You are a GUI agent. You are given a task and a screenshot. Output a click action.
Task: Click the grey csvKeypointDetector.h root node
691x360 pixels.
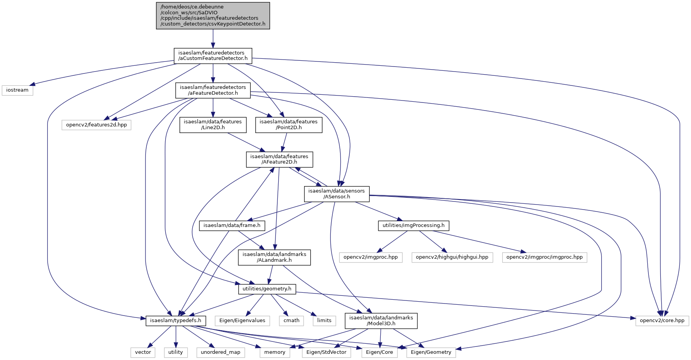213,15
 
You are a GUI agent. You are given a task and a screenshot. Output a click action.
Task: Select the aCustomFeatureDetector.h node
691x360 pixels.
213,56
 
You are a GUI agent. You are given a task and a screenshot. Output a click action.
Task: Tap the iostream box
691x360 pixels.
17,90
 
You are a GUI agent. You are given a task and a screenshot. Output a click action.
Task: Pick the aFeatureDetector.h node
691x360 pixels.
213,90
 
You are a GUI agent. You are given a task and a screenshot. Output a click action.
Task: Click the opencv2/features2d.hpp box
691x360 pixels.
96,125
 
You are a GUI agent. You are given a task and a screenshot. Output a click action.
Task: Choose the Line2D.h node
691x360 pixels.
213,125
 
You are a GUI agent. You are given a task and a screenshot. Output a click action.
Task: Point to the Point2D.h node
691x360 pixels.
289,125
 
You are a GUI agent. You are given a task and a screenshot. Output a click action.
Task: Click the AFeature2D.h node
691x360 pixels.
279,159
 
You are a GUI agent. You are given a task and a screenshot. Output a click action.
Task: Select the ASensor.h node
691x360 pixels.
337,194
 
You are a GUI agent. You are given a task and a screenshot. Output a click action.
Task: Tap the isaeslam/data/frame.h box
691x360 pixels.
232,225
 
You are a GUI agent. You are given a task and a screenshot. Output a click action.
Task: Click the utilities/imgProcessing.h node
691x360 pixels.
414,225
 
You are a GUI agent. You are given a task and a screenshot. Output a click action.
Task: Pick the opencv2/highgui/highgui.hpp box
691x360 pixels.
452,257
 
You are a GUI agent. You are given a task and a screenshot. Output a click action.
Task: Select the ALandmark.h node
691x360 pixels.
274,257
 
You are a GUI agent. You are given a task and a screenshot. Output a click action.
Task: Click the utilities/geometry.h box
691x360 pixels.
267,289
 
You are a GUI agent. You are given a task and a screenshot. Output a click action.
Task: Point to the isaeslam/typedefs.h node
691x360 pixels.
176,321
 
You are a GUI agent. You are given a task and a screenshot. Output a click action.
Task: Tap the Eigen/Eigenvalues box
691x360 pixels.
242,321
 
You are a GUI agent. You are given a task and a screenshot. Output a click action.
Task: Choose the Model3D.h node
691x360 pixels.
381,321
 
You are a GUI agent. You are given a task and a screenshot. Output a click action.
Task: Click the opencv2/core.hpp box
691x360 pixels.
662,321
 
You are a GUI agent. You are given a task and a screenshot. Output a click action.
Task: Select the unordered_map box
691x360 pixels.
221,352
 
